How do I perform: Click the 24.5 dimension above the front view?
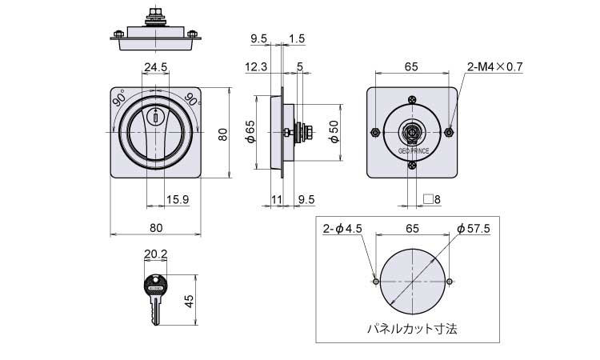click(x=155, y=67)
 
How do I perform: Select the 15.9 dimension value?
click(x=178, y=199)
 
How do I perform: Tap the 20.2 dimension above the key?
click(x=155, y=254)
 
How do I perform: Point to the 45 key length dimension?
click(x=190, y=301)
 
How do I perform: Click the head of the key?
click(x=156, y=285)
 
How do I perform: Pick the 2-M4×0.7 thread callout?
click(x=494, y=67)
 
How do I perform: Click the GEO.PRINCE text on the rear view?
click(x=414, y=151)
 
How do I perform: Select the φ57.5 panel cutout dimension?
click(x=474, y=229)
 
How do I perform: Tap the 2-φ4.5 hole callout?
click(x=342, y=229)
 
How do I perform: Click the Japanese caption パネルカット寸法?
click(x=412, y=329)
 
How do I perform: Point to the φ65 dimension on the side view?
click(x=250, y=132)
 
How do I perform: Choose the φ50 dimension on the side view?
click(x=334, y=132)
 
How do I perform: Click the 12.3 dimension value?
click(x=256, y=67)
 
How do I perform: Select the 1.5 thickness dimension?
click(x=297, y=38)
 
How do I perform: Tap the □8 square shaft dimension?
click(x=432, y=199)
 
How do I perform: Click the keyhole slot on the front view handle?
click(x=156, y=117)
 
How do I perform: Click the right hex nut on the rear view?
click(x=450, y=132)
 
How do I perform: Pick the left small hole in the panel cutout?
click(x=376, y=282)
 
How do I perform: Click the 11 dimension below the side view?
click(x=277, y=199)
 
